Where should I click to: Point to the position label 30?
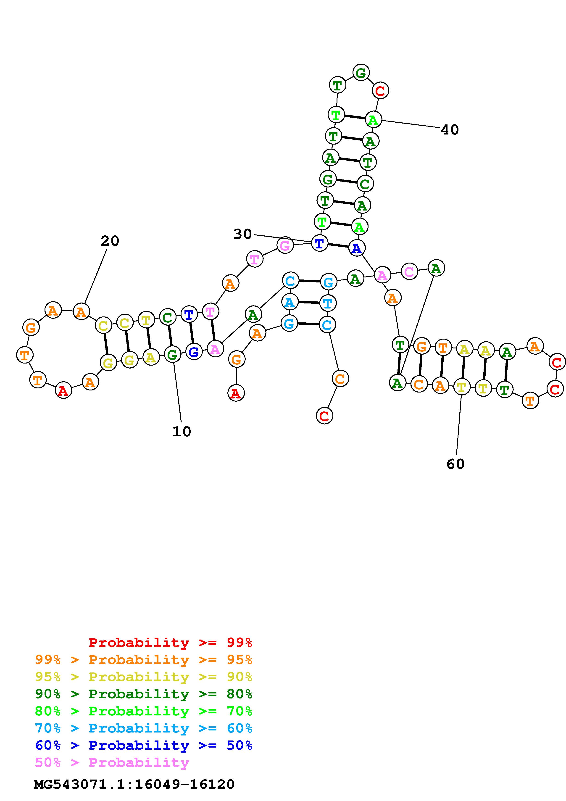point(242,234)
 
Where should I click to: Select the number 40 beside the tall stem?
point(450,130)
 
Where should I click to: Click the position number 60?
point(455,464)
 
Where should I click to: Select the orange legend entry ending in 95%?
point(144,660)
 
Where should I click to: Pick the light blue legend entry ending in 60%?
point(144,728)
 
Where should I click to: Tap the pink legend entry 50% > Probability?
point(112,762)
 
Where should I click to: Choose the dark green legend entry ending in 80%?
point(144,694)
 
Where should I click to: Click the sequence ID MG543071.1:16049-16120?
point(134,784)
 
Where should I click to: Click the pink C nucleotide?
point(409,271)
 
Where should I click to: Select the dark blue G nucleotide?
point(194,352)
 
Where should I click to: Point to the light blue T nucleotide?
point(327,303)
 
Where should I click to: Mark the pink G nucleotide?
point(285,245)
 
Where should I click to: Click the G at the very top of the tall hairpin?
point(361,73)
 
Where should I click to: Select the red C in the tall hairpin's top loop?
point(380,91)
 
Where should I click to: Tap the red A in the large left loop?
point(63,390)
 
